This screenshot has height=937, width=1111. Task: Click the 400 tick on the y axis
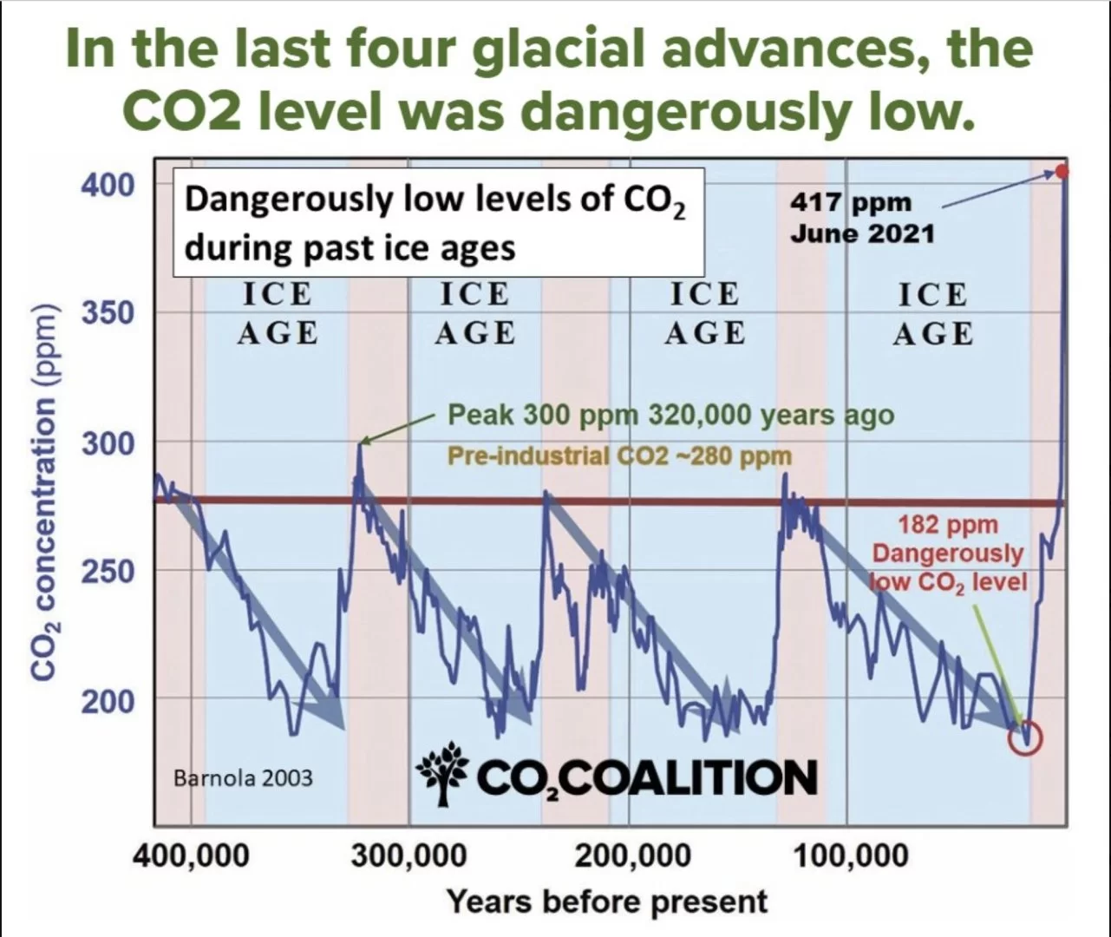(108, 185)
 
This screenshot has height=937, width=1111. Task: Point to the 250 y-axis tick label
(108, 572)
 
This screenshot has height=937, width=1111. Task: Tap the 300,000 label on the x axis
(408, 855)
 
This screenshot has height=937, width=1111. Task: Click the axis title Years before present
(607, 901)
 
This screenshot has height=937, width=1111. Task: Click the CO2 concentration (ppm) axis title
(45, 492)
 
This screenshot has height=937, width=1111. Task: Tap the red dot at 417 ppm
(1062, 171)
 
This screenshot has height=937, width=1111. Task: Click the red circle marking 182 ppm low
(1024, 738)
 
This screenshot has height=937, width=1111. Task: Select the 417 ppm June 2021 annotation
(861, 218)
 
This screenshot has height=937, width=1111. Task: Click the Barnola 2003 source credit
(243, 777)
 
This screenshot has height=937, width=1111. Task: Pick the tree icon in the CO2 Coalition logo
(442, 774)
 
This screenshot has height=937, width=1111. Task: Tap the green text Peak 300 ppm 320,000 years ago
(670, 415)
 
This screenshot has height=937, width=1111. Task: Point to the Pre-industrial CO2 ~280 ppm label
(619, 455)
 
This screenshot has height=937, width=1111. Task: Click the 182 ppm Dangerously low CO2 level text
(948, 553)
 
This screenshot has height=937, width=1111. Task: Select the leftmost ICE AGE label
(277, 314)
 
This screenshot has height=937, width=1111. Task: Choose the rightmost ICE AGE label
(932, 314)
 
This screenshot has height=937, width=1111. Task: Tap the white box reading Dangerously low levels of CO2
(438, 223)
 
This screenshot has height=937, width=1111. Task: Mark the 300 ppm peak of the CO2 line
(360, 445)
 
